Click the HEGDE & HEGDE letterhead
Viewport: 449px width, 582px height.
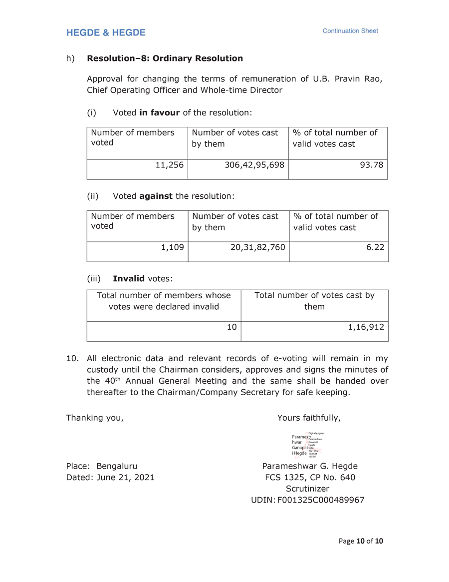coord(106,33)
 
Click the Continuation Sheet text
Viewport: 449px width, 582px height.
coord(350,31)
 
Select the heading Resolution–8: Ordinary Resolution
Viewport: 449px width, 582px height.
coord(165,58)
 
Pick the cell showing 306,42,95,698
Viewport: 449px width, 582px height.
coord(254,164)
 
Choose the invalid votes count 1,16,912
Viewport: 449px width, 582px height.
coord(366,327)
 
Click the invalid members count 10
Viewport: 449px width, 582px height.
coord(231,327)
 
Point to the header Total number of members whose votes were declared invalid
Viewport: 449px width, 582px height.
coord(164,301)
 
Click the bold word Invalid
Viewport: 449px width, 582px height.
coord(128,278)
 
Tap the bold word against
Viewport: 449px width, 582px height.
coord(156,196)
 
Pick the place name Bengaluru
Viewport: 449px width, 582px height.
coord(117,467)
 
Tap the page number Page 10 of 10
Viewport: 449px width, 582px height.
coord(361,541)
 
